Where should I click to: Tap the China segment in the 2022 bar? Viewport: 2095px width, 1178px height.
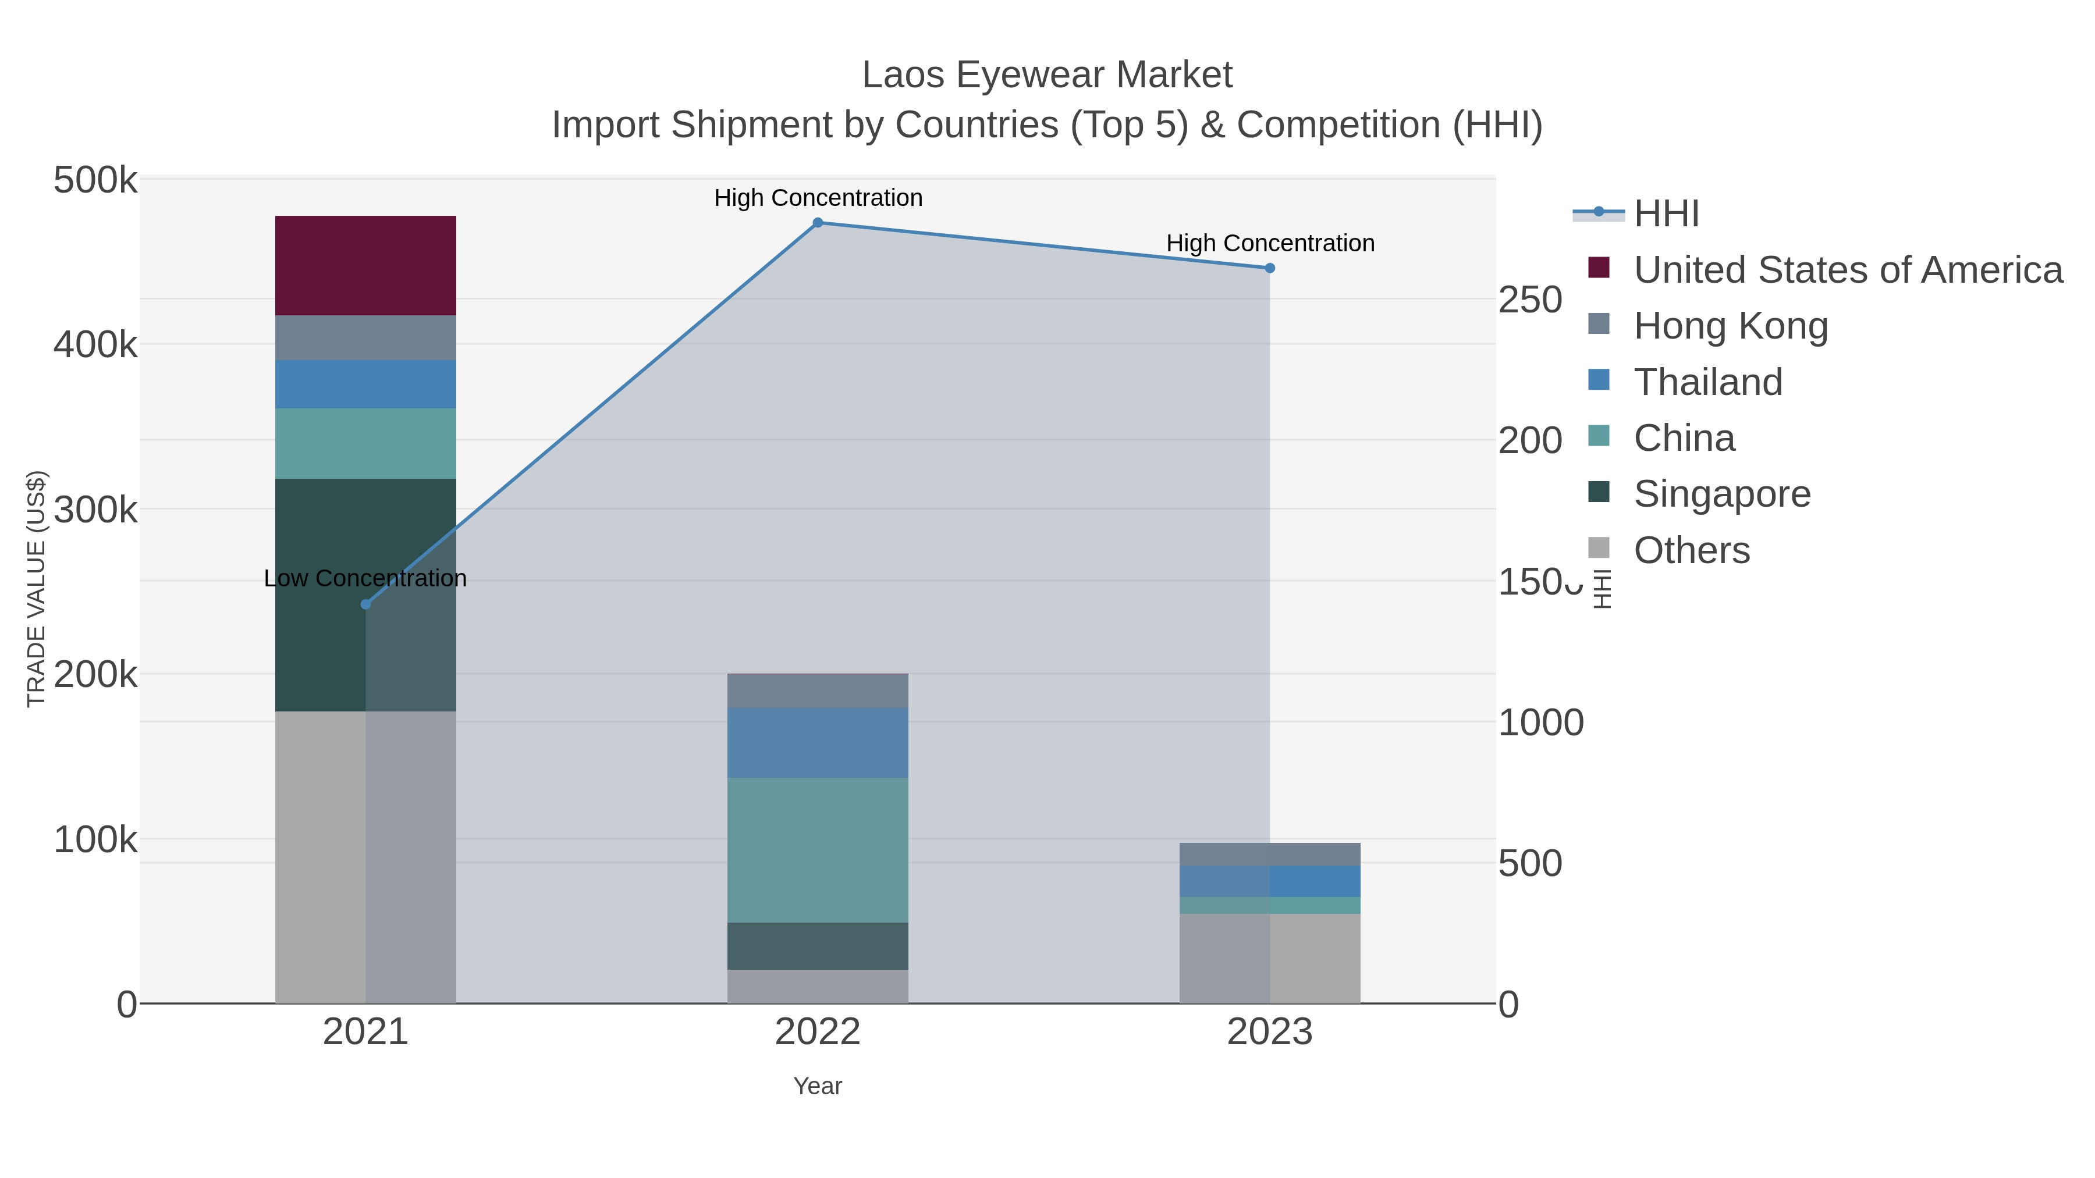point(818,849)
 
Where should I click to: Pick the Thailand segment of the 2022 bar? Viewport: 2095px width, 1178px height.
point(818,742)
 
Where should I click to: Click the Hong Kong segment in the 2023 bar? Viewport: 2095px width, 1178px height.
point(1270,855)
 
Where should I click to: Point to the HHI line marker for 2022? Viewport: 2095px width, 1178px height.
point(818,223)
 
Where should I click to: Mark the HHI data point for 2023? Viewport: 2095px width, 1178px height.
point(1270,268)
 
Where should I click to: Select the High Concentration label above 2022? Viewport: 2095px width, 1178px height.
point(818,198)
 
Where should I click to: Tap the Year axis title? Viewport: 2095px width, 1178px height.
point(818,1086)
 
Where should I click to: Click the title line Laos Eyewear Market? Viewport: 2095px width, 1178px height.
point(1047,76)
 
